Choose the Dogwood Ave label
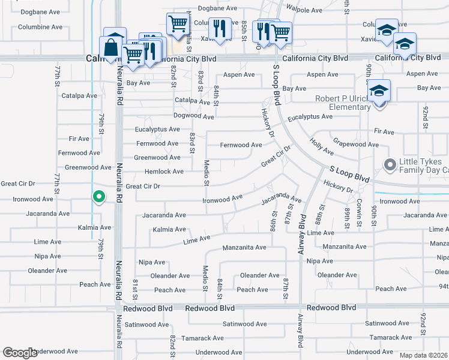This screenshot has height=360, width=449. coord(193,116)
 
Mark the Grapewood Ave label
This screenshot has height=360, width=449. coord(356,145)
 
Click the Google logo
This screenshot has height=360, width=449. coord(20,352)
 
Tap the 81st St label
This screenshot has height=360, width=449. coord(135,289)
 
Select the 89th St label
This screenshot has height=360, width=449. coord(348,215)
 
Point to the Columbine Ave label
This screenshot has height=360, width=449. coord(40,27)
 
